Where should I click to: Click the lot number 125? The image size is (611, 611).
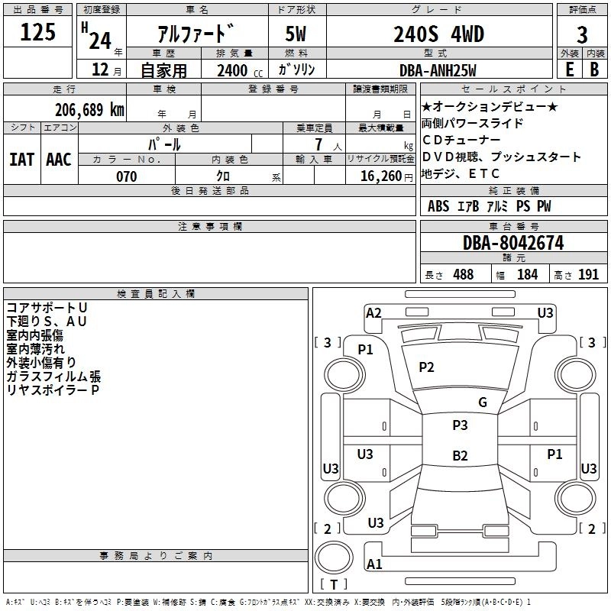click(38, 32)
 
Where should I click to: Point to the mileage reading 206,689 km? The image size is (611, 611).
click(89, 109)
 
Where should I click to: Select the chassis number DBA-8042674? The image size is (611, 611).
click(513, 244)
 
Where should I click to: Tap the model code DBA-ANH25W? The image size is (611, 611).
click(438, 70)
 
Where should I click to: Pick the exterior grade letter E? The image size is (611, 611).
click(569, 70)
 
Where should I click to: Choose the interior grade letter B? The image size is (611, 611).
click(595, 70)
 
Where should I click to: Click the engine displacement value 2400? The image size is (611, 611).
click(232, 70)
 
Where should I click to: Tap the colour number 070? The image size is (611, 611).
click(126, 176)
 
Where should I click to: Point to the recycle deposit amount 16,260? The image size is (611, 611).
click(380, 176)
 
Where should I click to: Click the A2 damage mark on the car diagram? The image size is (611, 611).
click(373, 312)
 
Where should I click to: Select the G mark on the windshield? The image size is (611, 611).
click(483, 402)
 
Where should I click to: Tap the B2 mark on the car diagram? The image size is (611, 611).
click(460, 456)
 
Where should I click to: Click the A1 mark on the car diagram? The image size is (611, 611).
click(374, 564)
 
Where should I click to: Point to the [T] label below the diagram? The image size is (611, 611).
click(334, 584)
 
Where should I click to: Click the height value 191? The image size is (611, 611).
click(588, 275)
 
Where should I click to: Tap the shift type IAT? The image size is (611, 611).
click(21, 160)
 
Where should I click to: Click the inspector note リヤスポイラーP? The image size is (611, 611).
click(53, 390)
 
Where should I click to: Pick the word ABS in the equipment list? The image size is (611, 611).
click(438, 206)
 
